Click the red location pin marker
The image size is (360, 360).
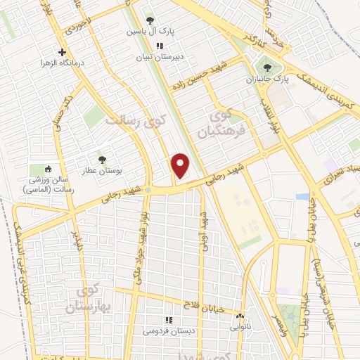pos(181,167)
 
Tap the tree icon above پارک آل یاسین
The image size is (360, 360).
pos(149,21)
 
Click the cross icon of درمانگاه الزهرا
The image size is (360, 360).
pos(63,52)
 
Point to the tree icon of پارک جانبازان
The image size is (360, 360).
pos(266,67)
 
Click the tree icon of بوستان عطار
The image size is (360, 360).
pos(103,160)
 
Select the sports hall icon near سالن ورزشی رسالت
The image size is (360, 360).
pos(48,169)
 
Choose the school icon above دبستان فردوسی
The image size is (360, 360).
pos(167,319)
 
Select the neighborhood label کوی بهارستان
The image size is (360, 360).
pos(86,299)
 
